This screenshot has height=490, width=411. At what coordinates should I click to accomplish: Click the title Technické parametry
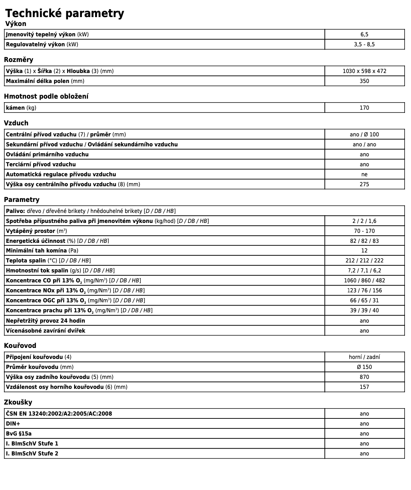(x=64, y=13)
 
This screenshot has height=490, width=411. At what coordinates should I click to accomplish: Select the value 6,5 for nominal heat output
(x=364, y=35)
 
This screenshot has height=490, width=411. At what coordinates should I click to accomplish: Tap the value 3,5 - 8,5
(x=364, y=45)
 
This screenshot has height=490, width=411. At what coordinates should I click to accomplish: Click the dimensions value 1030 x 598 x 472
(x=364, y=71)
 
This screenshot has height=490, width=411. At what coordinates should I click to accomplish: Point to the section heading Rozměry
(x=19, y=59)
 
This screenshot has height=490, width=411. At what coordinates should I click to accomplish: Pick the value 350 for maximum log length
(x=364, y=81)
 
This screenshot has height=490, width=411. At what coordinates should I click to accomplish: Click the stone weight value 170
(x=364, y=108)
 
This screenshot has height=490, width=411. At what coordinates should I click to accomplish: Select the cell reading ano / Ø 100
(x=364, y=134)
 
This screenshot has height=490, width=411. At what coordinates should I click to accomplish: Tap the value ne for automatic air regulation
(x=364, y=174)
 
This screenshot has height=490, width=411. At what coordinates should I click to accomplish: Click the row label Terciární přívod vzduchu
(x=41, y=164)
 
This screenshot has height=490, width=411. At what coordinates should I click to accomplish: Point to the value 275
(x=364, y=184)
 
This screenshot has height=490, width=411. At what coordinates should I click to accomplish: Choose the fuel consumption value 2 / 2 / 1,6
(x=364, y=221)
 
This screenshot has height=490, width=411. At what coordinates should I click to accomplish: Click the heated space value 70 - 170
(x=364, y=231)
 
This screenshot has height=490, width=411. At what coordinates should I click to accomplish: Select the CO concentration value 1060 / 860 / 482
(x=364, y=280)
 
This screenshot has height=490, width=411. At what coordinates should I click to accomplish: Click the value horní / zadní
(x=364, y=357)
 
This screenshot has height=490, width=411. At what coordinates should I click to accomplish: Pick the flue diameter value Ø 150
(x=364, y=367)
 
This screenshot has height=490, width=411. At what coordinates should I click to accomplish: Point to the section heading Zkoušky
(x=18, y=402)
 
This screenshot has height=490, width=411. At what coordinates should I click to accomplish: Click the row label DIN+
(x=13, y=423)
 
